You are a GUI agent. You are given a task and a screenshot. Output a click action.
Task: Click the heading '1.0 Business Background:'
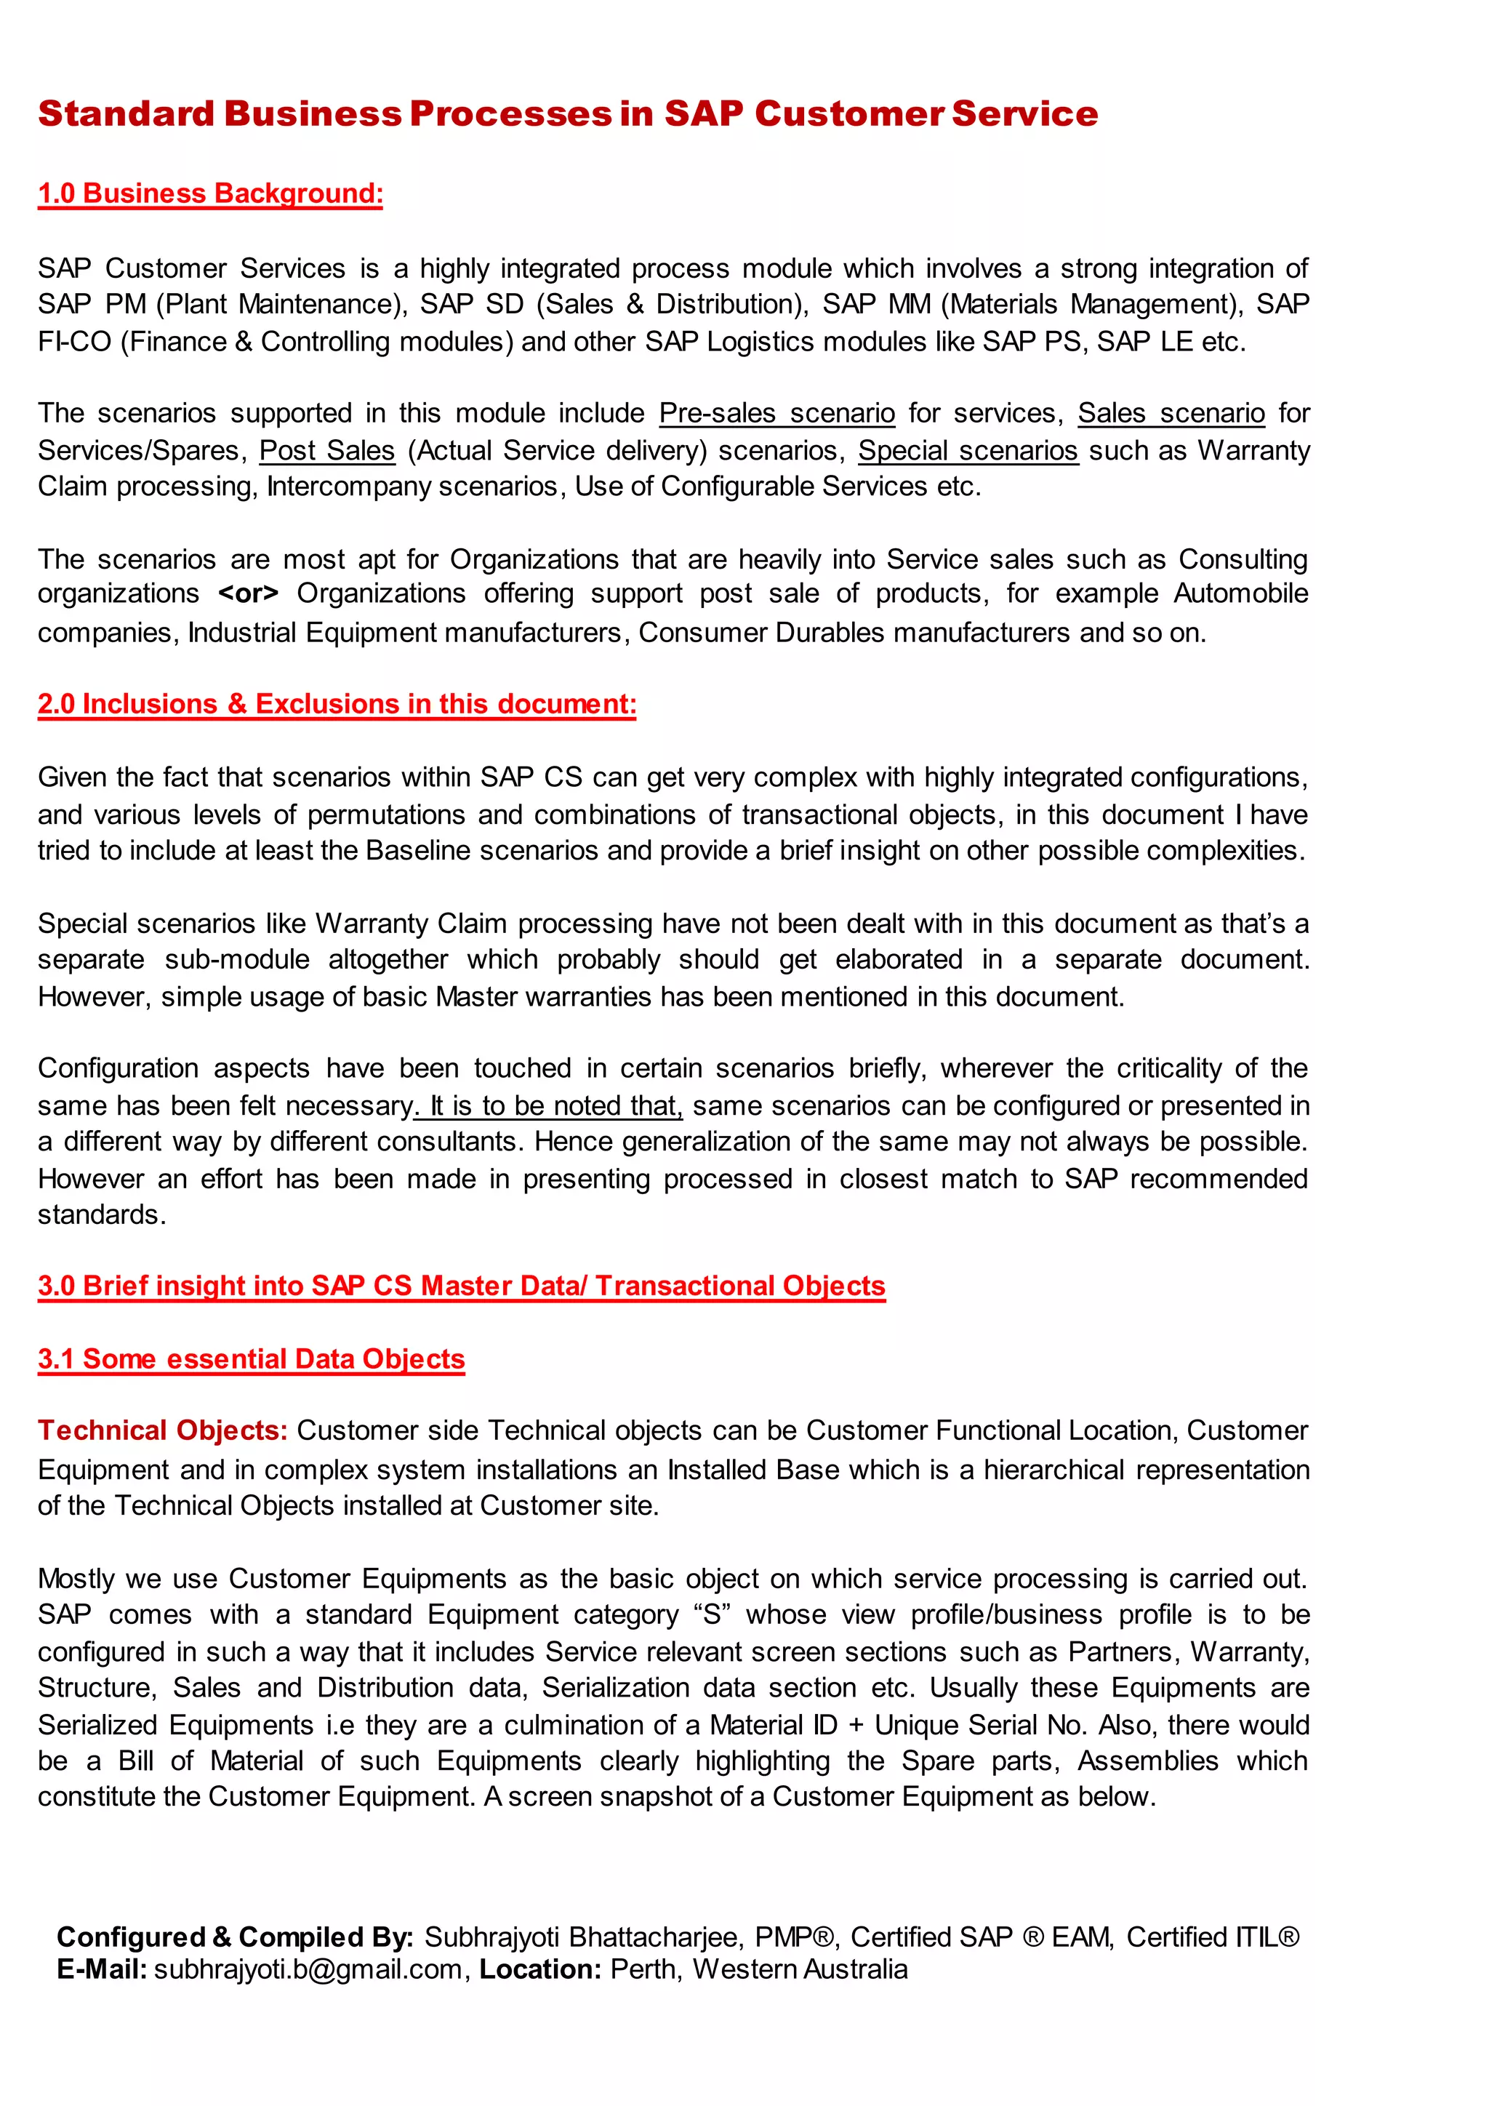tap(210, 193)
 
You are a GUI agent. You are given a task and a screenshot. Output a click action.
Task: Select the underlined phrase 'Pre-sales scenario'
tap(776, 414)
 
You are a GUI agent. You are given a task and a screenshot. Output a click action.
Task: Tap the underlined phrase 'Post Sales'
tap(326, 450)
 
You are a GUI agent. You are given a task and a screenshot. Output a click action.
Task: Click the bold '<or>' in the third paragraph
tap(247, 593)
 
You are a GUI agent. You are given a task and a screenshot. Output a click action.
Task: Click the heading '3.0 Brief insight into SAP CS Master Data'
tap(461, 1285)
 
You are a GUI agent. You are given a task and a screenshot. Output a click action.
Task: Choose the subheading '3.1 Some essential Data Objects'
tap(252, 1358)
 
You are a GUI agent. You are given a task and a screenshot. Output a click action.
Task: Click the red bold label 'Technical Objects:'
tap(162, 1431)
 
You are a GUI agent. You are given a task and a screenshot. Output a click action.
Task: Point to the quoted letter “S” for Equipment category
tap(712, 1614)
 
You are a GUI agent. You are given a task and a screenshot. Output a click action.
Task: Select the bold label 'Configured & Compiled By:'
tap(235, 1937)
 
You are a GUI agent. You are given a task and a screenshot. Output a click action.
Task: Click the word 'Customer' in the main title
tap(848, 113)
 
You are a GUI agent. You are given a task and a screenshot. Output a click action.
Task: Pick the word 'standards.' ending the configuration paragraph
tap(101, 1214)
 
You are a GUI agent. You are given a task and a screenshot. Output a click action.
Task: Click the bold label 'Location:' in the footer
tap(540, 1969)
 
